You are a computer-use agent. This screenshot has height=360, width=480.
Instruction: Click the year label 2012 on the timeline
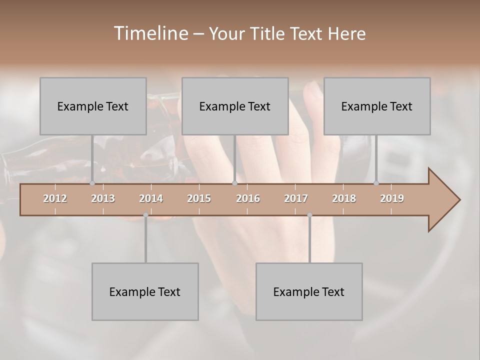pos(55,198)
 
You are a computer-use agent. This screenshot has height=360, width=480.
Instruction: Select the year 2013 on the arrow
pos(103,198)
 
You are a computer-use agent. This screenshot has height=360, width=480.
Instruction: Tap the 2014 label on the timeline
pos(151,198)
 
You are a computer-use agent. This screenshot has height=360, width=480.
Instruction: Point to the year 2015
pos(199,198)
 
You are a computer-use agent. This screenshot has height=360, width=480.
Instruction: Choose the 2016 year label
pos(248,198)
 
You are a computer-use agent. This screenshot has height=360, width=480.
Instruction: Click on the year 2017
pos(296,198)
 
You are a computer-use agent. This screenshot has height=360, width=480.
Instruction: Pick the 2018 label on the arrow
pos(344,198)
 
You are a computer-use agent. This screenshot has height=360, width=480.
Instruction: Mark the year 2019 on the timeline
pos(392,198)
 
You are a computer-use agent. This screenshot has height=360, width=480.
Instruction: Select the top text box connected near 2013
pos(93,106)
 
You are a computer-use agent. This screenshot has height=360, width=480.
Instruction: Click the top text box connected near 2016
pos(235,106)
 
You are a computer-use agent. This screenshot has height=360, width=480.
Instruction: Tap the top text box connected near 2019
pos(377,106)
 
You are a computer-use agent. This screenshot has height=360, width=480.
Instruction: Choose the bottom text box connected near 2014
pos(145,291)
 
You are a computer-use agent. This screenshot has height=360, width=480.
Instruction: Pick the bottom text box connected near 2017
pos(309,291)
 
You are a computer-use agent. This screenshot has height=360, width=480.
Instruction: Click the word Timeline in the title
pos(150,33)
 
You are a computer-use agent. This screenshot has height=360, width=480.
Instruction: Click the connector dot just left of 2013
pos(92,183)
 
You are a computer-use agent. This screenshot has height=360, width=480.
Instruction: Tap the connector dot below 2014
pos(145,215)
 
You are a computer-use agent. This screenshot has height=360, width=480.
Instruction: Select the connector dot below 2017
pos(309,215)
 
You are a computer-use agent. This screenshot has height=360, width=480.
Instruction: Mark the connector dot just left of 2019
pos(376,183)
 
